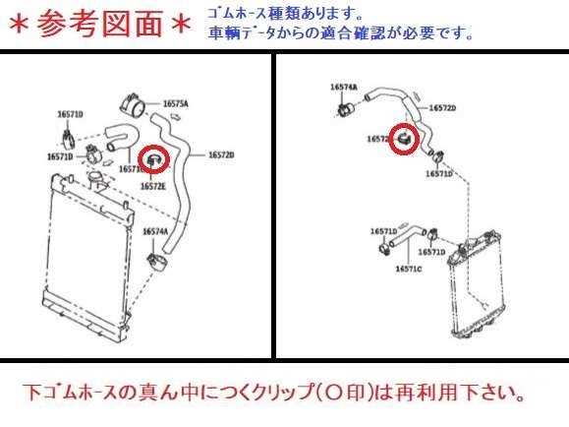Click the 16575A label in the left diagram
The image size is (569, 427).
176,103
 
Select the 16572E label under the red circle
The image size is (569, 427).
152,184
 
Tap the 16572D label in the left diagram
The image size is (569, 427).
221,155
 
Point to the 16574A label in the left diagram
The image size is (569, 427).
154,231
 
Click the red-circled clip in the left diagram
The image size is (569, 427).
154,157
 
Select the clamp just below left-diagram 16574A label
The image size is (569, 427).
155,261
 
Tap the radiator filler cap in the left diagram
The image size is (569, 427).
95,177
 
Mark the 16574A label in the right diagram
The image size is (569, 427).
343,87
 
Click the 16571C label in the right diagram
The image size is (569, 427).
409,268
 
